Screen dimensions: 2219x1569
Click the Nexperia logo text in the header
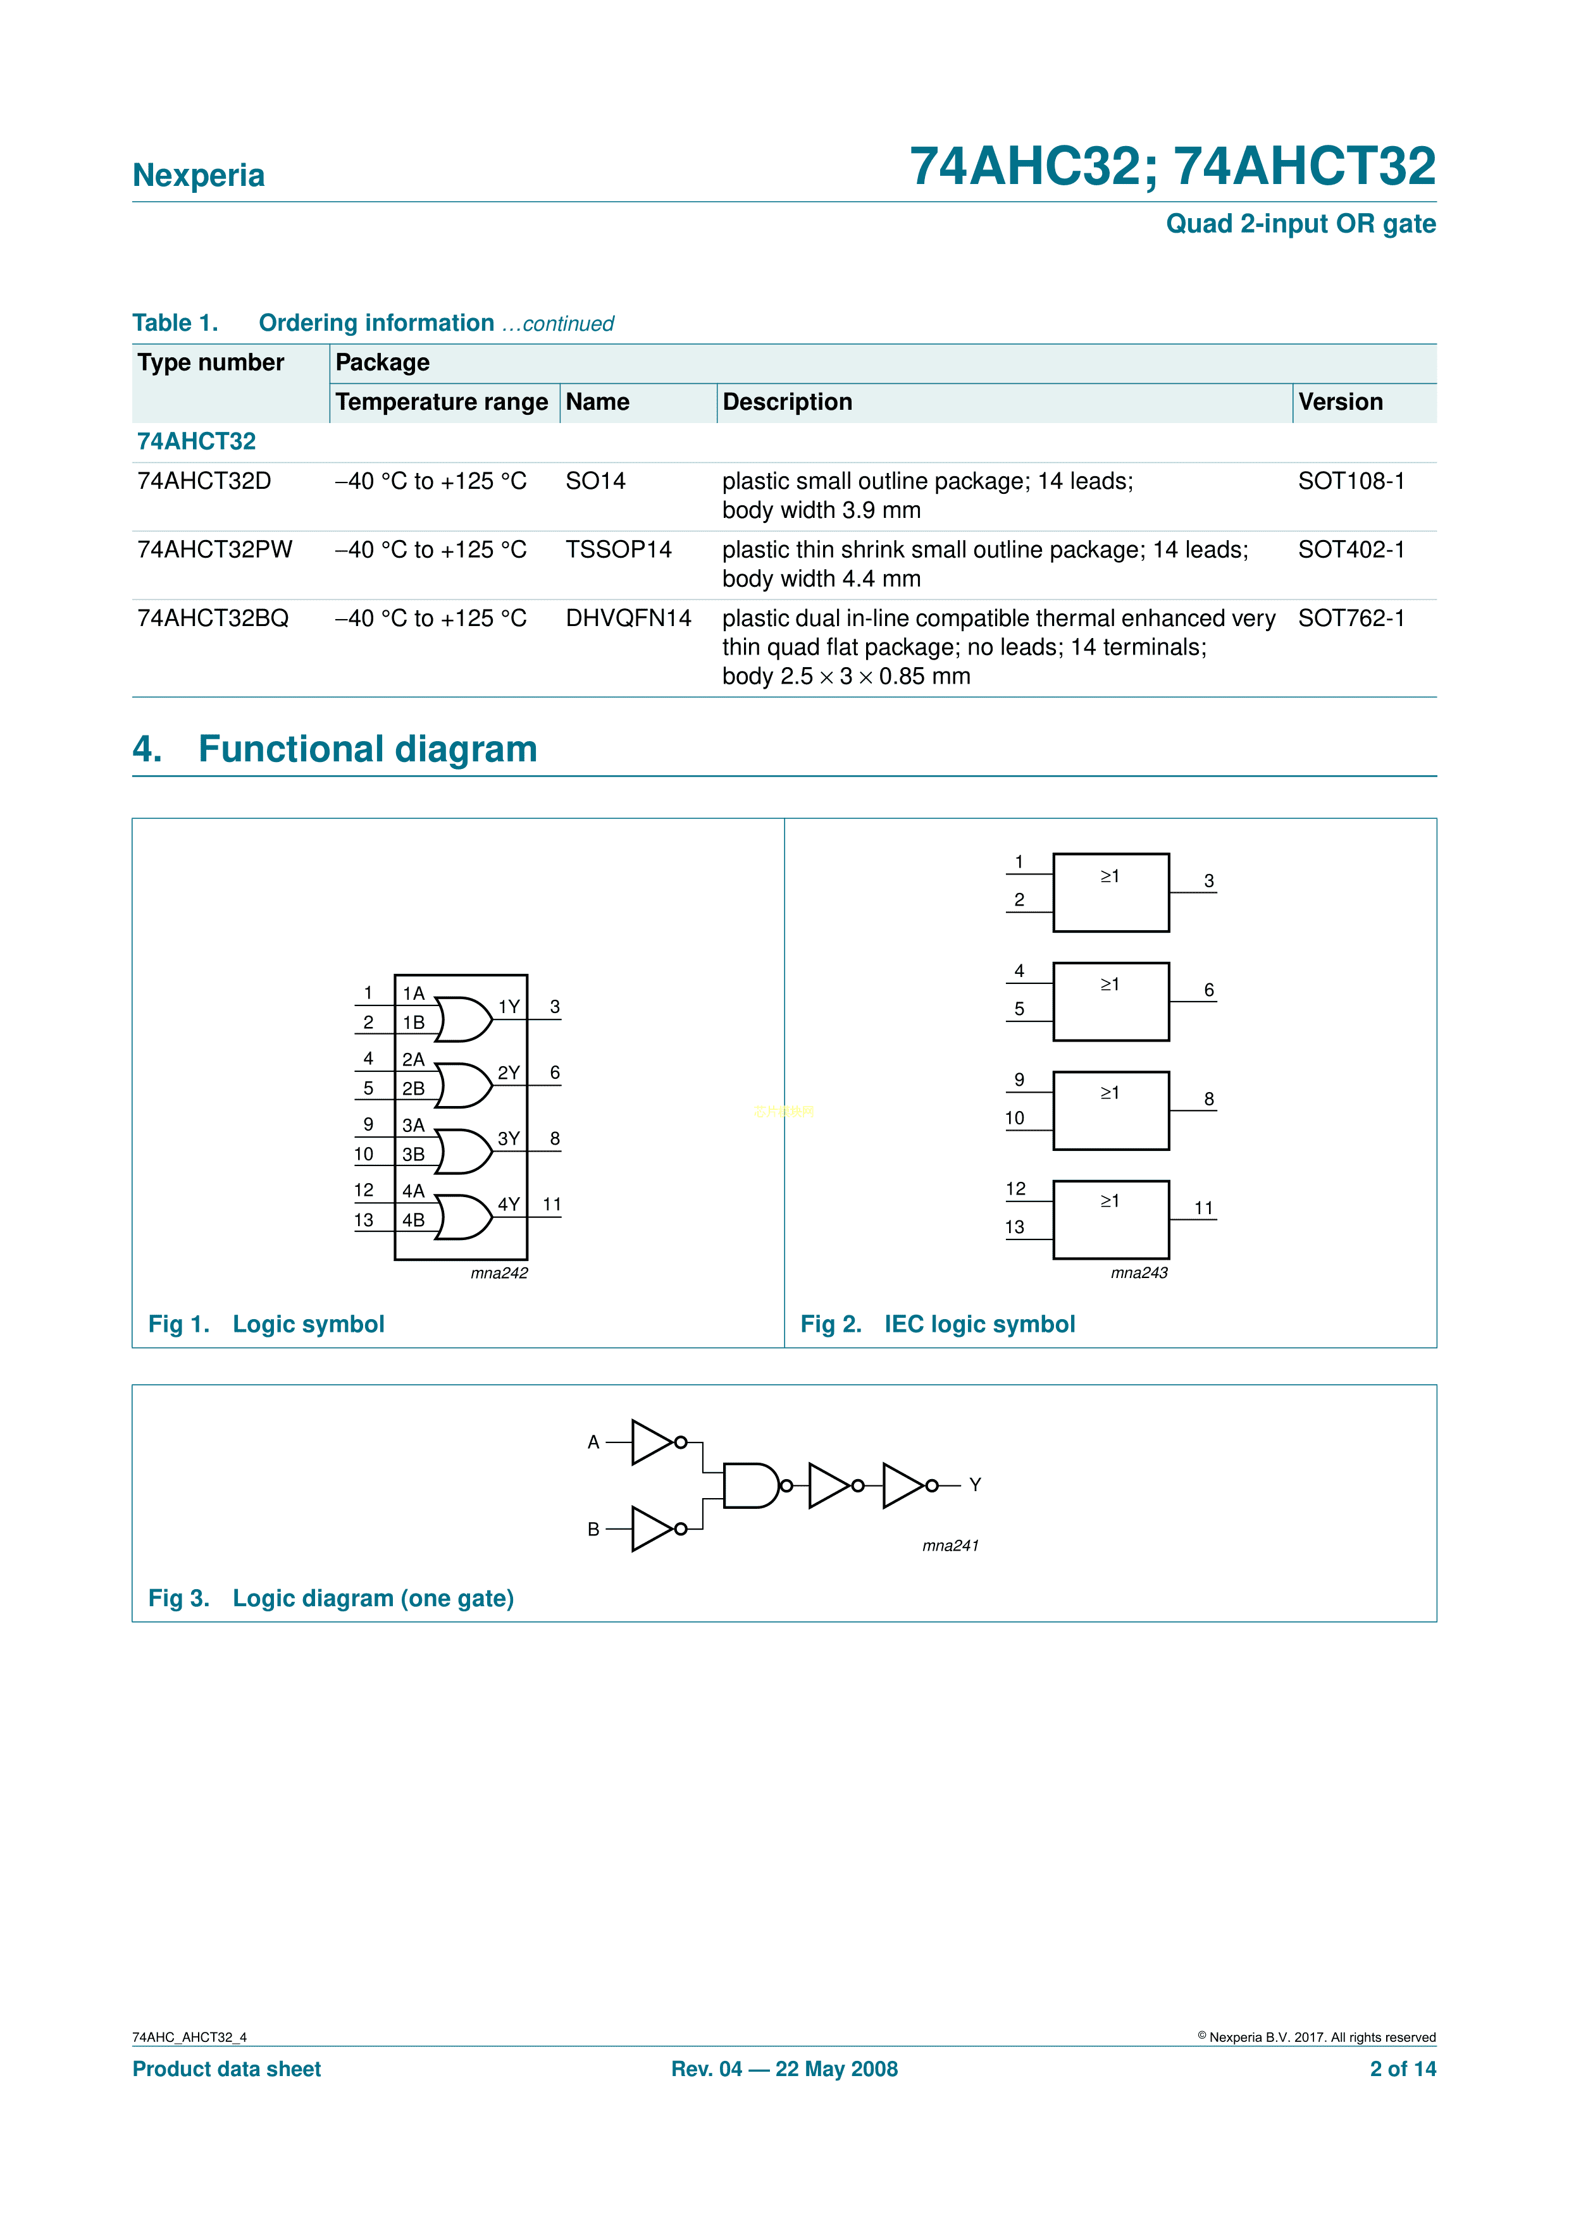[198, 175]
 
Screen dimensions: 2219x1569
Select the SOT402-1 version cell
[1351, 550]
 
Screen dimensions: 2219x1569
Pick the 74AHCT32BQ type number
[213, 618]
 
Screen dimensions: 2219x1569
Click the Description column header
[787, 402]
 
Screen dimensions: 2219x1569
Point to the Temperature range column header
[441, 402]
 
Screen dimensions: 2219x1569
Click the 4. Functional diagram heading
[335, 749]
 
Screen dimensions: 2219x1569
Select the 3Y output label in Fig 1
[509, 1138]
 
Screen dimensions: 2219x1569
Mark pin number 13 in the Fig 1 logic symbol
[364, 1220]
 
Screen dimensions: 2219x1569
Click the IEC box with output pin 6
[1111, 1001]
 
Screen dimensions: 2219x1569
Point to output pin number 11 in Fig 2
[1203, 1208]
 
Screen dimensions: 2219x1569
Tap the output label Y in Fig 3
[976, 1484]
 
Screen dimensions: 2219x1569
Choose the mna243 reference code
[1139, 1273]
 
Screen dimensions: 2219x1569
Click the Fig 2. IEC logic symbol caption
[937, 1324]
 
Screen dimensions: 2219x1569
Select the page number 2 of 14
[1402, 2068]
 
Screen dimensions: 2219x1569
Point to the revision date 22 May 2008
[836, 2068]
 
